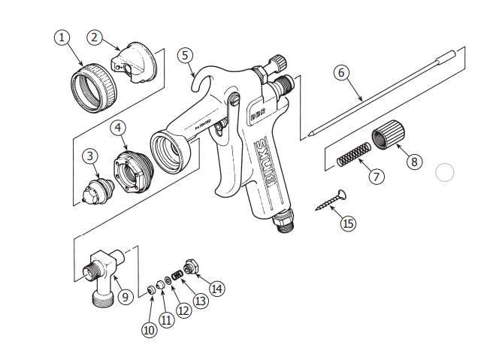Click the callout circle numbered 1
62,37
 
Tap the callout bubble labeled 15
347,223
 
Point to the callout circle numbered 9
126,297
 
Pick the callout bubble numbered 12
183,309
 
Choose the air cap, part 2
137,63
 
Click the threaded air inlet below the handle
284,220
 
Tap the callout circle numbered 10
149,330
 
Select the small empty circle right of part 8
445,173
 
